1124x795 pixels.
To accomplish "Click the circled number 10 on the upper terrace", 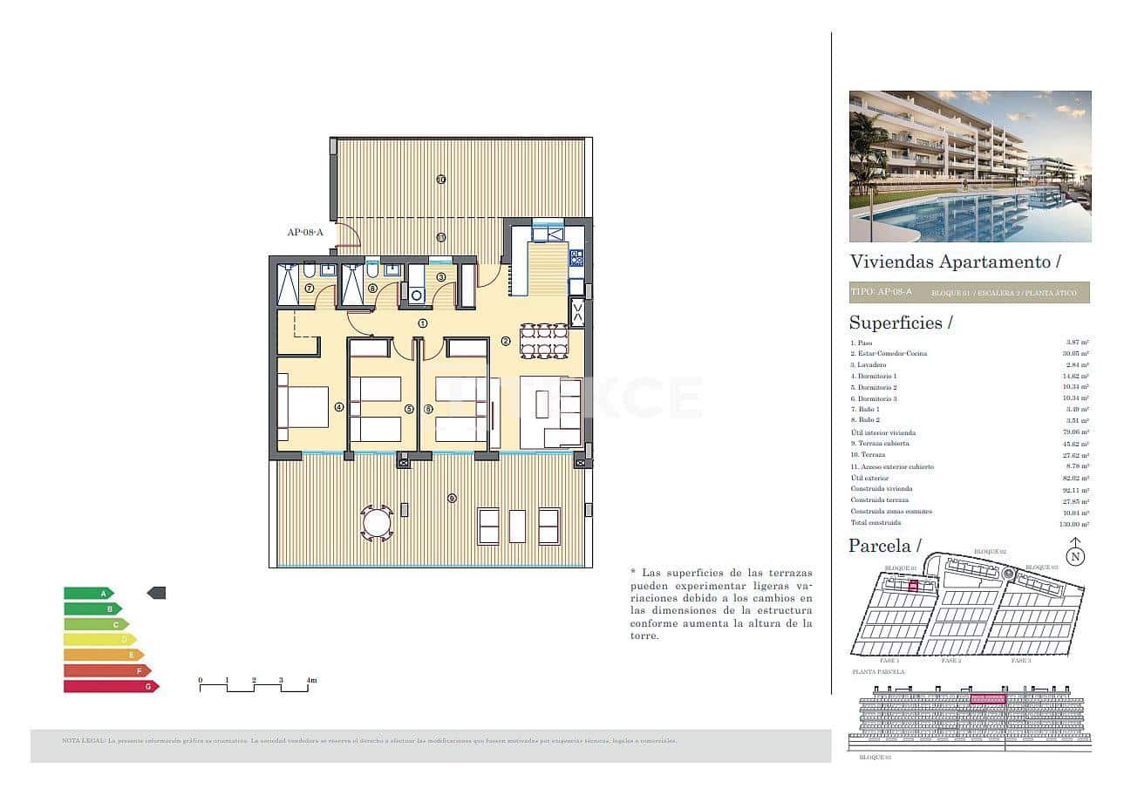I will click(441, 180).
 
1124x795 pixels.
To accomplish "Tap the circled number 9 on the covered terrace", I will click(451, 498).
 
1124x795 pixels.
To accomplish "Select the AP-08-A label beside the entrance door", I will click(305, 232).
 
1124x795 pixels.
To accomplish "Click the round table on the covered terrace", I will click(378, 523).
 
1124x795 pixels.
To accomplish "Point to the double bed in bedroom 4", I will click(304, 407).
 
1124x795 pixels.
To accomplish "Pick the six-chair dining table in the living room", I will click(543, 340).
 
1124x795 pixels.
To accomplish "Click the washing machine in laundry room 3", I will click(416, 296).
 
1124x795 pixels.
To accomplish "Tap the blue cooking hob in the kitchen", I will click(576, 257).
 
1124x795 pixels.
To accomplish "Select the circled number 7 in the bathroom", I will click(309, 289).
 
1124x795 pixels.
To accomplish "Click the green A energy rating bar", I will click(88, 593).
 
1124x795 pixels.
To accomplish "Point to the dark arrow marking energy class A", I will click(156, 593).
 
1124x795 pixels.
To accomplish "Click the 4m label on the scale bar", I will click(311, 680).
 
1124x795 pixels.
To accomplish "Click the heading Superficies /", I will click(901, 323).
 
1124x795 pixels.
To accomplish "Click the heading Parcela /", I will click(884, 547).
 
